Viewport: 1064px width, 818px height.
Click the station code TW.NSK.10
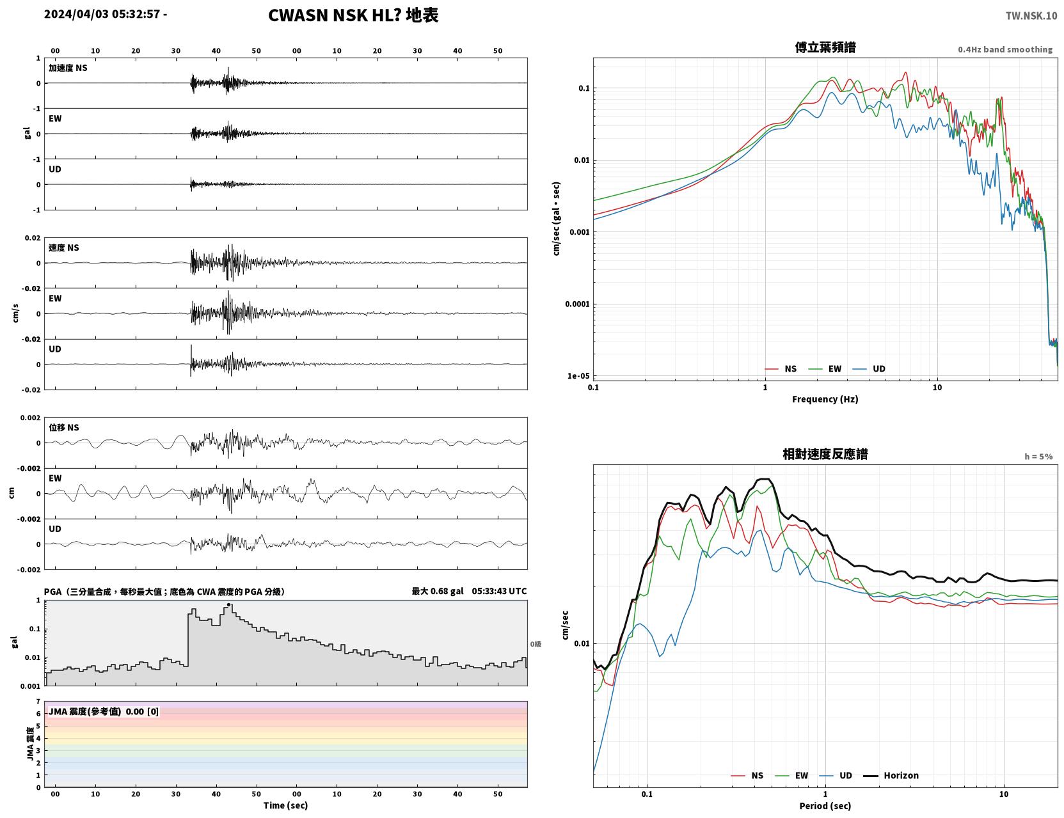click(1031, 15)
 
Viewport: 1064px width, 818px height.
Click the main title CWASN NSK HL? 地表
click(353, 15)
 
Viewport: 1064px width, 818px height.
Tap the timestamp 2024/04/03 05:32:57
click(102, 13)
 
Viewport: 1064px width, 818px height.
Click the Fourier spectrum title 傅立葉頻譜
click(825, 47)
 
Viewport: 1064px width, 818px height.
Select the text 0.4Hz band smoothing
click(1004, 49)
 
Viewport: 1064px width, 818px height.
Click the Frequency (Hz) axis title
click(825, 399)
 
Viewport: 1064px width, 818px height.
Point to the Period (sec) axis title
click(825, 806)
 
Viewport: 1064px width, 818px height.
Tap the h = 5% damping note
click(1038, 457)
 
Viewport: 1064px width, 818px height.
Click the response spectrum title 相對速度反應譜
click(825, 454)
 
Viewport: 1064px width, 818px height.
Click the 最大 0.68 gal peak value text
click(437, 591)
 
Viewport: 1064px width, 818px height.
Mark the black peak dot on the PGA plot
click(228, 604)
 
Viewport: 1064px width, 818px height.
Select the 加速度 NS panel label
click(68, 68)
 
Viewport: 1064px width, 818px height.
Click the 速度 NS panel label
click(63, 248)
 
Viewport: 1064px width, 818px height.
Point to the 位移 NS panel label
click(63, 427)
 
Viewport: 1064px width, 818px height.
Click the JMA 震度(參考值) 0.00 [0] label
click(103, 711)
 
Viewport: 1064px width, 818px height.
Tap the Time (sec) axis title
click(285, 805)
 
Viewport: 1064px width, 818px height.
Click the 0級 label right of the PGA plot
click(536, 644)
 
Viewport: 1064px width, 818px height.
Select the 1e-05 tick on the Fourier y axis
click(578, 375)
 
